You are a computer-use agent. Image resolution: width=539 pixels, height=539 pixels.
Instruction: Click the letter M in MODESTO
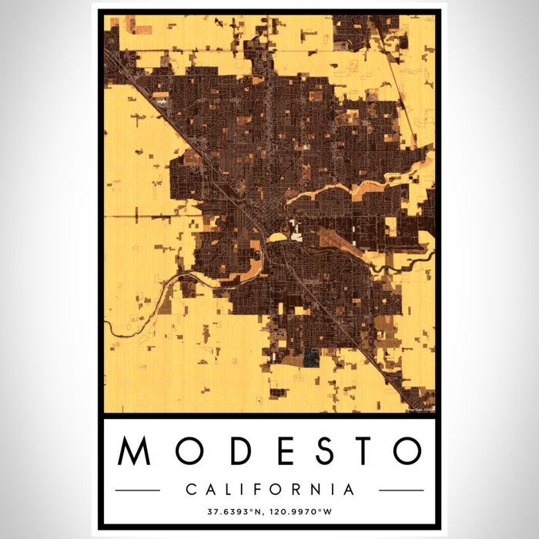[135, 452]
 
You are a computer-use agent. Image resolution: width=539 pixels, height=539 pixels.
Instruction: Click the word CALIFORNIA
[269, 490]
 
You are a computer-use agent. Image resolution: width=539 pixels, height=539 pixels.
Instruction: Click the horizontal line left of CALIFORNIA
[138, 490]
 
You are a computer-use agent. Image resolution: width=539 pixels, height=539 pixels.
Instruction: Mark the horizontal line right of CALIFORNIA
[400, 490]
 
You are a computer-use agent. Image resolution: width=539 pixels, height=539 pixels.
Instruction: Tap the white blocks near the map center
[296, 228]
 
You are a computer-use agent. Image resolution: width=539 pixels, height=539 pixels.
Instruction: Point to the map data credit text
[420, 409]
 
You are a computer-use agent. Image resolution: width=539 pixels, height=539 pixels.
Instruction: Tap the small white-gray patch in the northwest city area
[161, 100]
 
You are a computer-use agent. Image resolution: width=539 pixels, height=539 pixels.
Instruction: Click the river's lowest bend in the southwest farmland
[115, 335]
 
